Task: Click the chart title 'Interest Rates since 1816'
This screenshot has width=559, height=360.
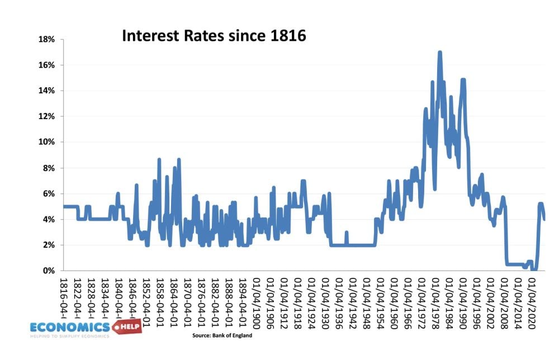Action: click(x=214, y=36)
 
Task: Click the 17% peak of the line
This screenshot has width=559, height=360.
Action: click(x=440, y=53)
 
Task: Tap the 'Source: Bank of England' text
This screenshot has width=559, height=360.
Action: click(x=222, y=335)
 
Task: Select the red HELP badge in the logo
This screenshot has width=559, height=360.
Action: click(x=127, y=326)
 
